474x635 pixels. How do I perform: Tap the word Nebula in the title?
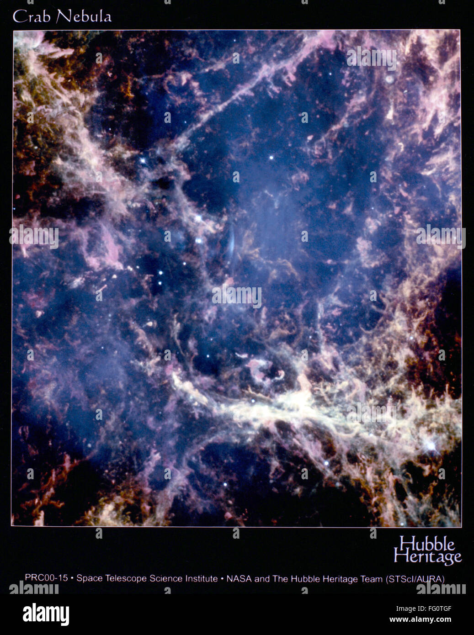tap(84, 17)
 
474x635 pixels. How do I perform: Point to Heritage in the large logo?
tap(427, 557)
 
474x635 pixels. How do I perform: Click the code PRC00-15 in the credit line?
tap(46, 578)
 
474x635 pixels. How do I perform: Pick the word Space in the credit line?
tap(90, 578)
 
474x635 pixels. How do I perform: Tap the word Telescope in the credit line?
tap(124, 578)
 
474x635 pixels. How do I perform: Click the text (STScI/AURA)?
tap(415, 579)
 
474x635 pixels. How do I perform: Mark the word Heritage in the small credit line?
tap(340, 579)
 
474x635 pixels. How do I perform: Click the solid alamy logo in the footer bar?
tap(46, 614)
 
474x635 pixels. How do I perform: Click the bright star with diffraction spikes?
tap(430, 444)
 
